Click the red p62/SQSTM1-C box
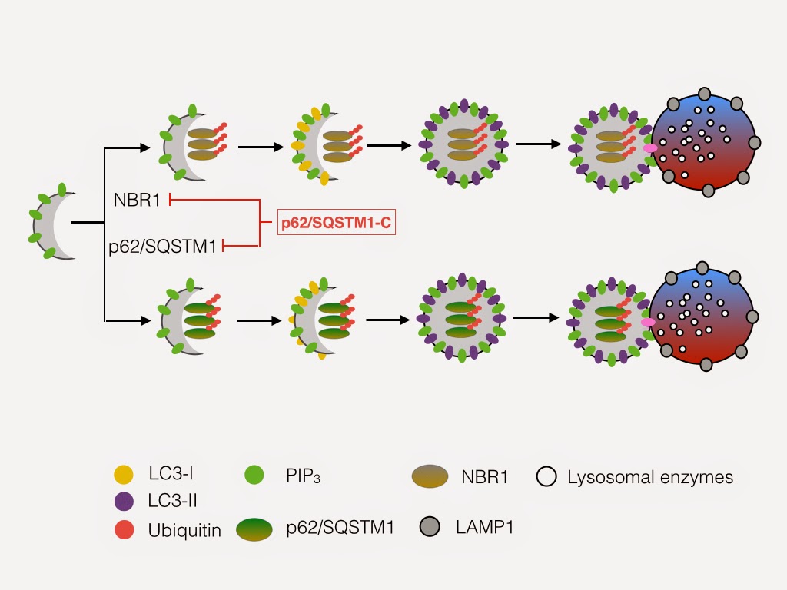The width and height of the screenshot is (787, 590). pos(337,222)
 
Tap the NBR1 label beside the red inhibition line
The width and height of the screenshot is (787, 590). pos(137,201)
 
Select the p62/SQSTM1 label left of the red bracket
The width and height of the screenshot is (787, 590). pos(163,247)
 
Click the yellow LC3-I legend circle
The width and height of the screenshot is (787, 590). pos(124,474)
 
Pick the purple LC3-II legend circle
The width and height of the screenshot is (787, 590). pos(124,501)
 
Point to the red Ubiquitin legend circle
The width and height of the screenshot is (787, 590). pos(124,530)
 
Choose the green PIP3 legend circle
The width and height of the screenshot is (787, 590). pos(254,475)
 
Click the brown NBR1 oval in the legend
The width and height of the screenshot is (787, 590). pos(430,476)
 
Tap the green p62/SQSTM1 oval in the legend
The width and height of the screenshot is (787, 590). pos(254,529)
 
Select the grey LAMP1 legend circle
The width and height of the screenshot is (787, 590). pos(430,527)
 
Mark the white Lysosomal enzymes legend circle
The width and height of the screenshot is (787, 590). pos(546,476)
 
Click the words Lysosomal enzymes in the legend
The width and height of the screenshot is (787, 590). pos(650,477)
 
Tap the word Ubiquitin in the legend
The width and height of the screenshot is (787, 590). pos(184,530)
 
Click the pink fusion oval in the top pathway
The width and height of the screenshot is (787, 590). pos(650,148)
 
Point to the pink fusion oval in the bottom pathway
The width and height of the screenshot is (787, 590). pos(648,322)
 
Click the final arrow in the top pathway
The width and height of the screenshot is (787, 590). pos(538,144)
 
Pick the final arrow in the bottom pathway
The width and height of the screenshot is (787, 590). pos(536,317)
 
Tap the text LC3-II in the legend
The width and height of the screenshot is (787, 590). pos(172,501)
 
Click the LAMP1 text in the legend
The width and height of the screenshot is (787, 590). pos(484,527)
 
